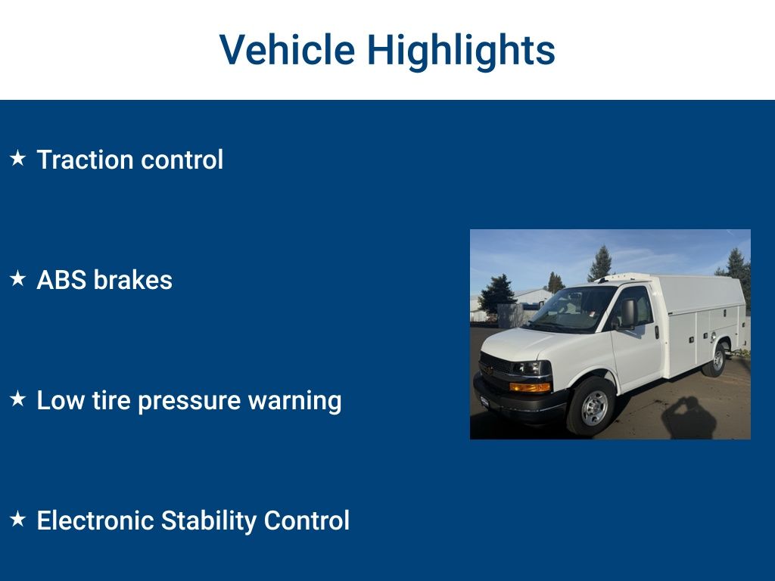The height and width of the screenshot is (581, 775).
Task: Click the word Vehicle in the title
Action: [x=287, y=50]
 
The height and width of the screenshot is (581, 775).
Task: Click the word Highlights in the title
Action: [x=461, y=50]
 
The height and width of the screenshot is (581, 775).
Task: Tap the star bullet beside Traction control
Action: [x=17, y=159]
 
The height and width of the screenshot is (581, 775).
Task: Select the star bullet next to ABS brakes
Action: [x=17, y=279]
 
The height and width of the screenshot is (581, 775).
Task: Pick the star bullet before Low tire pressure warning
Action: [x=17, y=399]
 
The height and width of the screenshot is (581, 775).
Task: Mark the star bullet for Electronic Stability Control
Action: [x=17, y=520]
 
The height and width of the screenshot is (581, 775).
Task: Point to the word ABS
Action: [x=61, y=280]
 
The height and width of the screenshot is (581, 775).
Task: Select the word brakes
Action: [x=132, y=280]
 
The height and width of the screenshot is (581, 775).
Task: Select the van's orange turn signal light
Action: [x=530, y=387]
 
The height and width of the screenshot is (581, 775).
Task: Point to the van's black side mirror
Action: [x=628, y=312]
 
